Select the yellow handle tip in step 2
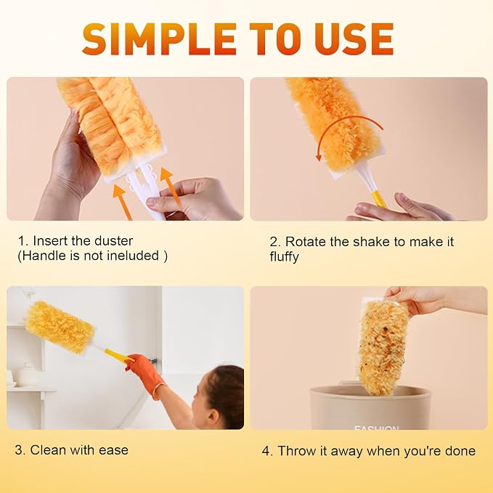(379, 200)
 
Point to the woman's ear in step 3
(213, 415)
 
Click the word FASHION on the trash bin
(377, 427)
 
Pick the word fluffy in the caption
(284, 256)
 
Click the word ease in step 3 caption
(113, 450)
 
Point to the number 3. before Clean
(20, 450)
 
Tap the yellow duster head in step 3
(60, 327)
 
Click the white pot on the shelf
(28, 375)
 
